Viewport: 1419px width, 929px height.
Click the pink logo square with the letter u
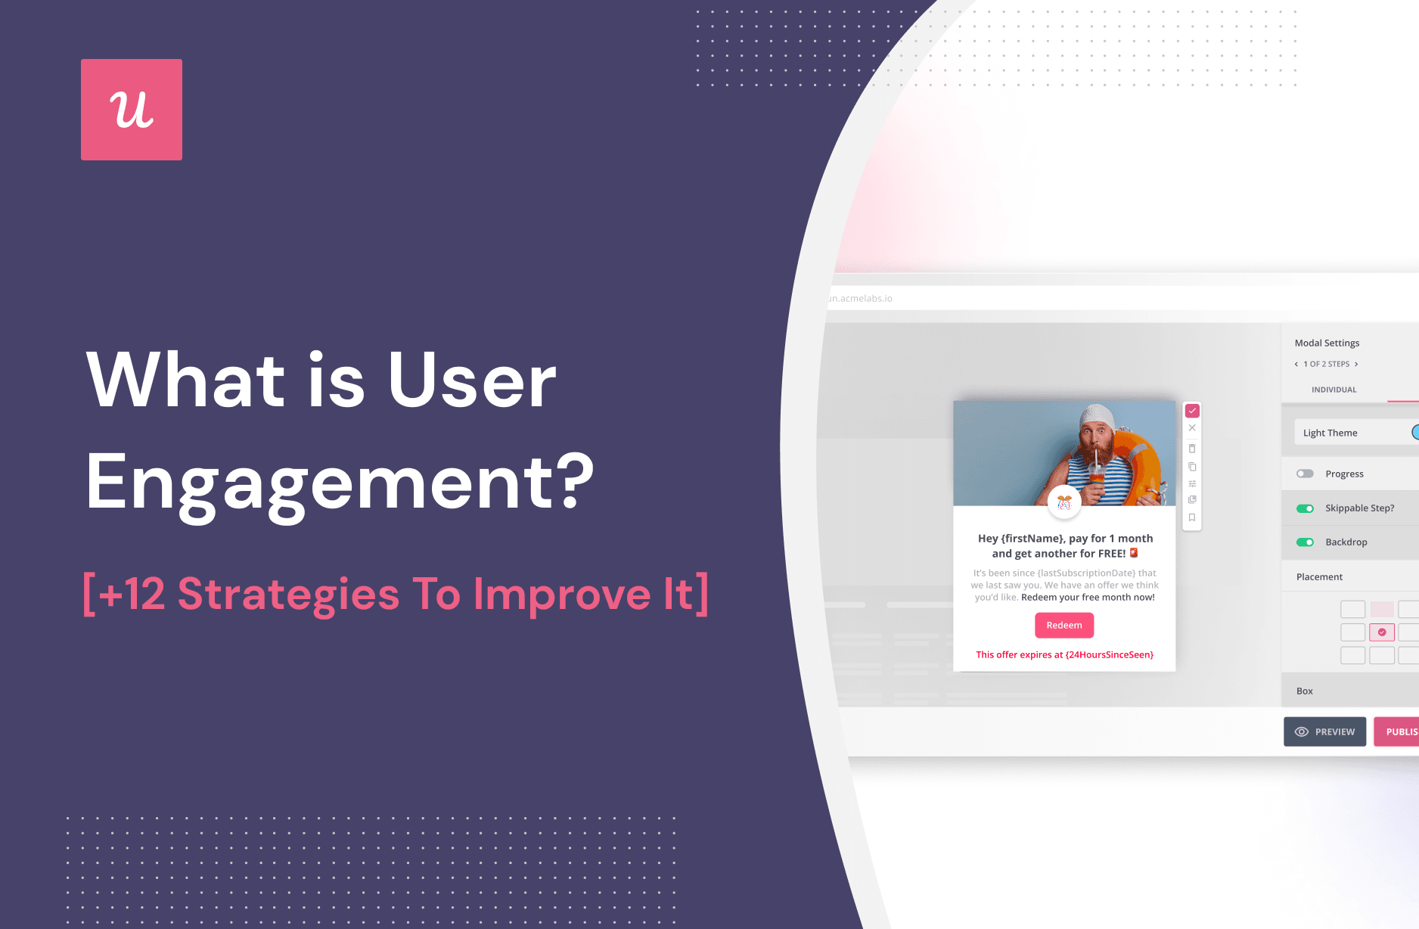[x=132, y=110]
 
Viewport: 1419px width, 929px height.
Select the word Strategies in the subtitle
[x=288, y=594]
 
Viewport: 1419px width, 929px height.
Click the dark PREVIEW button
[x=1324, y=732]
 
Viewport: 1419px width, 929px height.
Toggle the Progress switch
[x=1305, y=474]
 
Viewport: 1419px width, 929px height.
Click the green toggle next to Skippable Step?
[x=1305, y=508]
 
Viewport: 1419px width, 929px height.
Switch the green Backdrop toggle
[x=1305, y=542]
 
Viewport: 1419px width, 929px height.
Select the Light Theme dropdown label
[x=1330, y=433]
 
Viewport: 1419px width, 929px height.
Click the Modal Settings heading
[x=1327, y=343]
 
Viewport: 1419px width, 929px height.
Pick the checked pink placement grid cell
[x=1382, y=632]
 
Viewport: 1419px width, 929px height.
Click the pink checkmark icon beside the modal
[x=1192, y=411]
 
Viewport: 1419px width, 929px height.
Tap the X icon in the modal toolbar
[x=1192, y=428]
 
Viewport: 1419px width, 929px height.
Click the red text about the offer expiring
[x=1064, y=654]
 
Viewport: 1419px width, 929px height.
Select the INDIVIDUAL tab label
[x=1334, y=390]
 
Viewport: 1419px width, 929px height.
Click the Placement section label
[x=1319, y=576]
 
